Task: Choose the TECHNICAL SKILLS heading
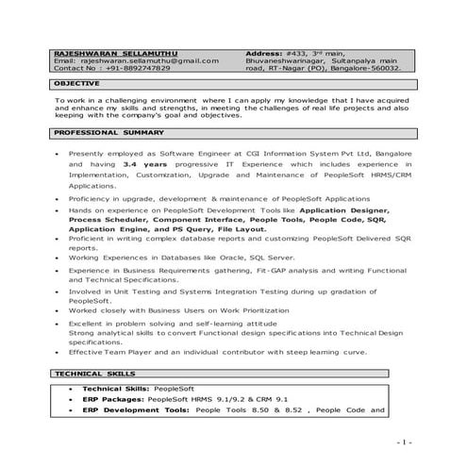tap(91, 374)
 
